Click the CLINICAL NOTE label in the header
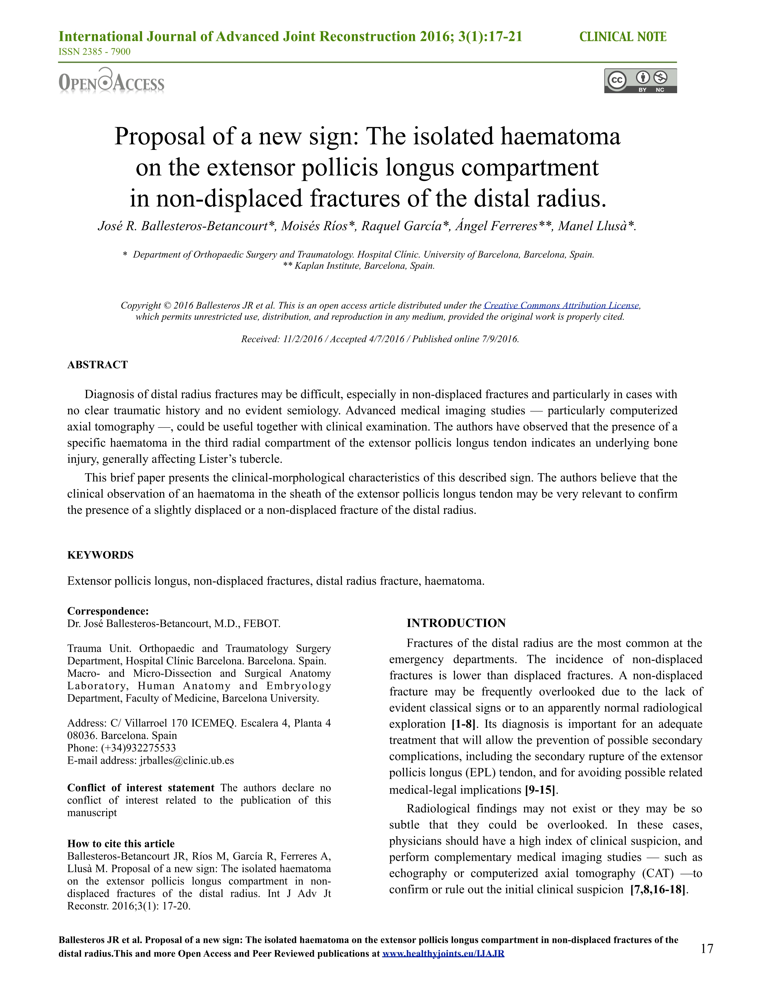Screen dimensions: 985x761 (623, 37)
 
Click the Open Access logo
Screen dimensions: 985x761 (111, 81)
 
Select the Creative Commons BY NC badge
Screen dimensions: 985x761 (640, 81)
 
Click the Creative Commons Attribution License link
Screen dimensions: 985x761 (561, 305)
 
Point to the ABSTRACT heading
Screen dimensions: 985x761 (97, 365)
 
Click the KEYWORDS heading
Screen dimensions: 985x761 (100, 555)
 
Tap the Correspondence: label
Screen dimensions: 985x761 (108, 611)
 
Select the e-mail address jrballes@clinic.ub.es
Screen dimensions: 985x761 (187, 760)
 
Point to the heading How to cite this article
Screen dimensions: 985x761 (121, 844)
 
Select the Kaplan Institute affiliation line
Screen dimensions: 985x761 (359, 266)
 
